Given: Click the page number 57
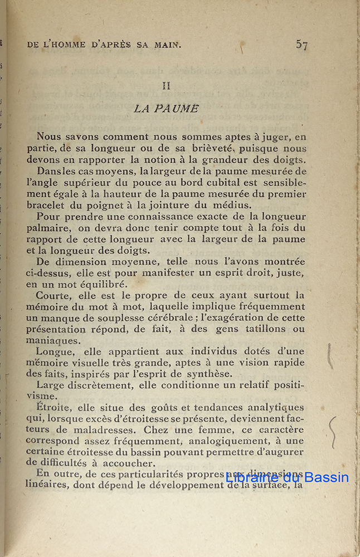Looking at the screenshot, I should (x=301, y=45).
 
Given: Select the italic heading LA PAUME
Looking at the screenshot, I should (x=166, y=109).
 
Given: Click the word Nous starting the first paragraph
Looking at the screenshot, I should (x=49, y=136).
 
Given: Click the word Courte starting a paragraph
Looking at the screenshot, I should (x=52, y=295).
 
